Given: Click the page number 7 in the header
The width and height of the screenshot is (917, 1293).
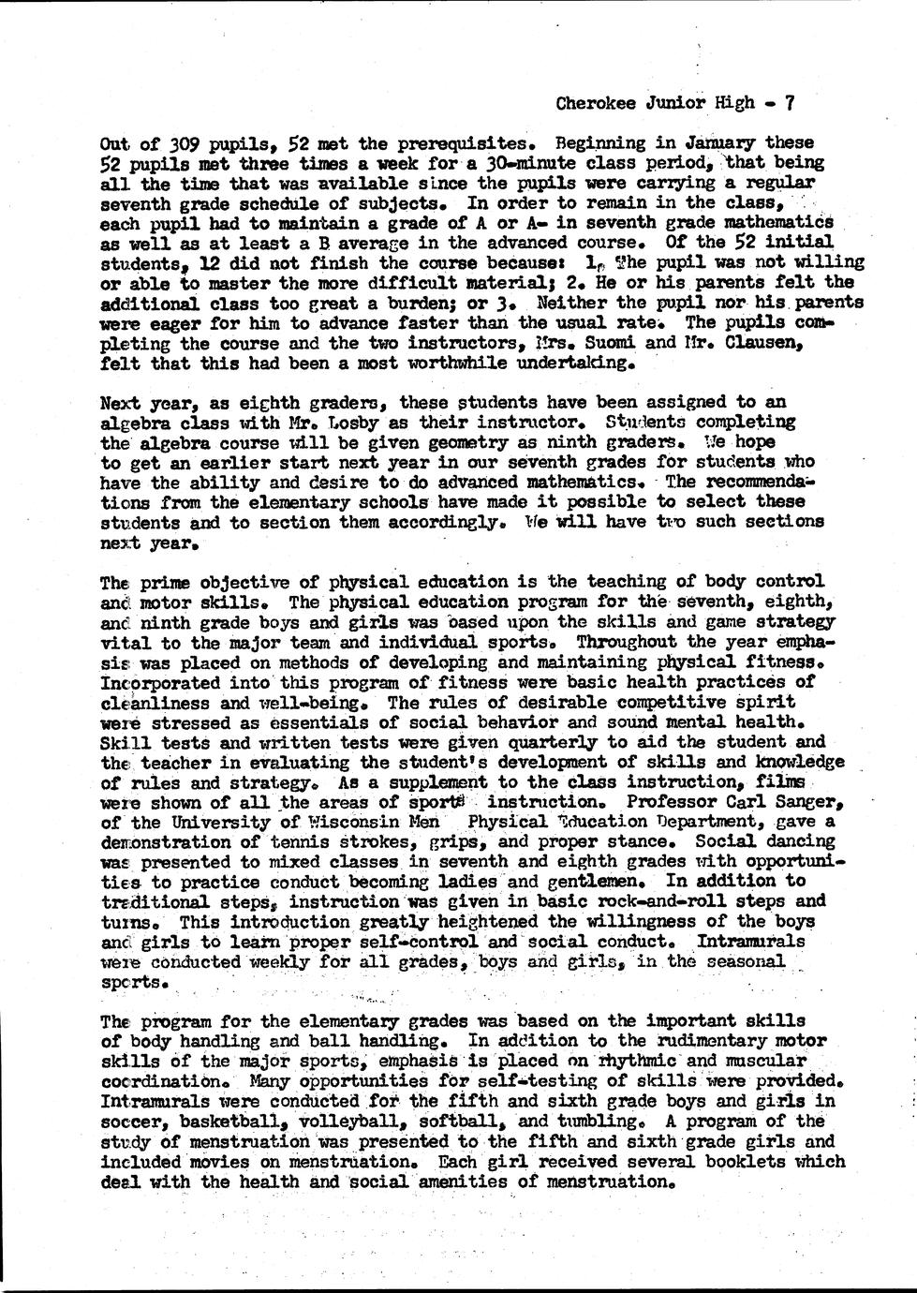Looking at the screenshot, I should (790, 104).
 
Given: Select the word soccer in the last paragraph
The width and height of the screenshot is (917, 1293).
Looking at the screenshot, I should (135, 1122).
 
